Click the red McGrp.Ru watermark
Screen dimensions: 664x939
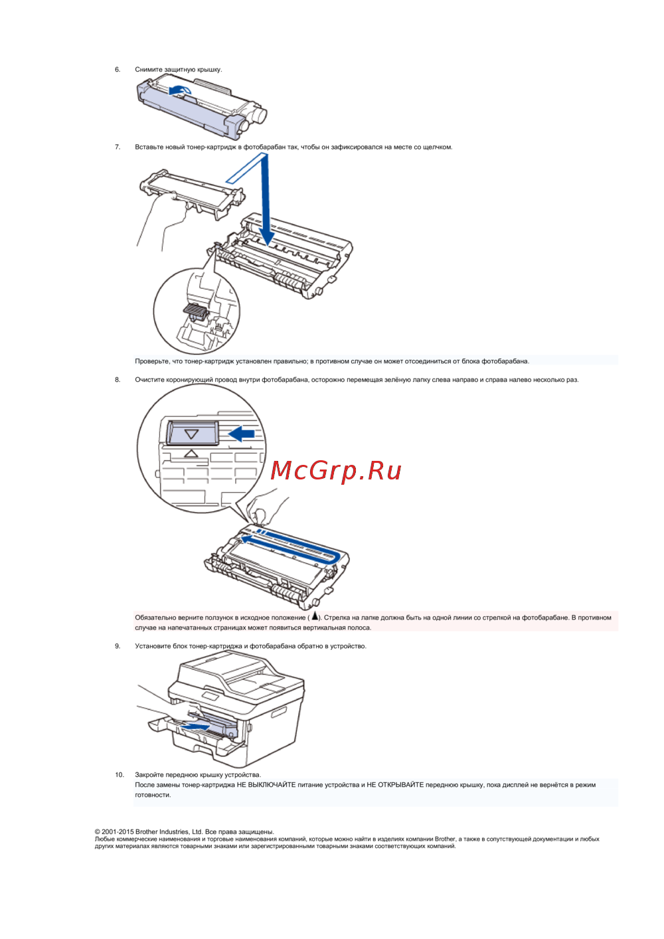tap(336, 471)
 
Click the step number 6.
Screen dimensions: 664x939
tap(118, 70)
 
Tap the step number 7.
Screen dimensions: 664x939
tap(118, 147)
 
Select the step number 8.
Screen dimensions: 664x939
tap(118, 380)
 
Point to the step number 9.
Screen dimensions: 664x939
tap(118, 646)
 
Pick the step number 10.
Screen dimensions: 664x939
tap(120, 775)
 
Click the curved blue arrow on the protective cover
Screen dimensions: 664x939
tap(179, 89)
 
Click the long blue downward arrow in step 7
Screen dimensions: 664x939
tap(266, 199)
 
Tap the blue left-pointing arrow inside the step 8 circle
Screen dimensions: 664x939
tap(242, 434)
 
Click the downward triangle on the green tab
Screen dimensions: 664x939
tap(191, 434)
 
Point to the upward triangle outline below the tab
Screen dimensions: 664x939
tap(191, 453)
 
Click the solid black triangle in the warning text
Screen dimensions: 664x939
tap(314, 616)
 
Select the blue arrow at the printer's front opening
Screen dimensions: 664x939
tap(196, 726)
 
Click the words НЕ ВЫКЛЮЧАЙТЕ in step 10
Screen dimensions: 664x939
tap(266, 785)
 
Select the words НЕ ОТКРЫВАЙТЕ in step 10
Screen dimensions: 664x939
tap(395, 785)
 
